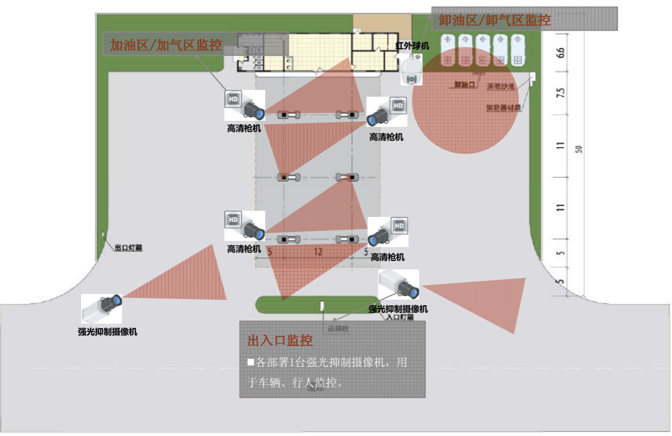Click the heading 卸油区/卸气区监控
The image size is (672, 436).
click(495, 21)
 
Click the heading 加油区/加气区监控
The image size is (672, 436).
click(165, 45)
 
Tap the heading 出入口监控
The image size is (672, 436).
click(280, 340)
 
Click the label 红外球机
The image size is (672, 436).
click(412, 45)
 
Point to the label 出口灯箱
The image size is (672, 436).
click(129, 247)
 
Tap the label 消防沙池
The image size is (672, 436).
click(501, 87)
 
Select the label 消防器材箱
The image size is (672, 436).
click(503, 107)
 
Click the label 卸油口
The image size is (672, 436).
click(464, 85)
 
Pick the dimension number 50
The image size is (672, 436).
click(579, 149)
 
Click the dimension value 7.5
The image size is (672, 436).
click(561, 93)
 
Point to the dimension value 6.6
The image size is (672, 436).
click(561, 54)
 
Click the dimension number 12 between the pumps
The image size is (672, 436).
click(318, 252)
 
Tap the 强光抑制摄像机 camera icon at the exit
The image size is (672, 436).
click(102, 309)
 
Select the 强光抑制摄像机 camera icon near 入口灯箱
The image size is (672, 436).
click(399, 285)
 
